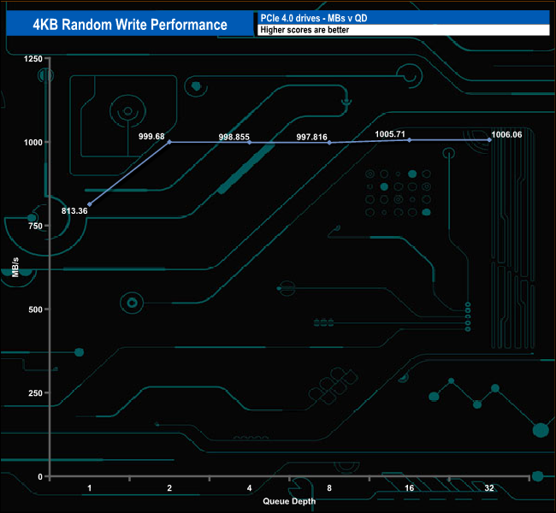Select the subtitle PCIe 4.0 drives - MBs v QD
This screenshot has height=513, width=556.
point(319,17)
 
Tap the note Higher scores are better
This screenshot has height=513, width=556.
point(299,30)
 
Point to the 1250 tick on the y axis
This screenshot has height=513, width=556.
point(33,58)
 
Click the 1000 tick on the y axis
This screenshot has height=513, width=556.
point(33,142)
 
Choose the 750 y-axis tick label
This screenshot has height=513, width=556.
point(36,226)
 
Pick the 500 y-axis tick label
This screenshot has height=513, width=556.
point(36,309)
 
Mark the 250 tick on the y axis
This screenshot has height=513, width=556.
point(36,392)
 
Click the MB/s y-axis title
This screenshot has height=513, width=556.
point(16,267)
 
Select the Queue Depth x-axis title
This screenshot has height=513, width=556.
point(289,501)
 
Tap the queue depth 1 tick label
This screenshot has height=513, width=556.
point(90,487)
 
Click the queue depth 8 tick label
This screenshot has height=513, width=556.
point(329,487)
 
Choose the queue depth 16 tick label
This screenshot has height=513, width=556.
point(409,487)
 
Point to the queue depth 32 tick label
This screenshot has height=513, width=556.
point(488,487)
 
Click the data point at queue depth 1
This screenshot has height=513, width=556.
point(90,203)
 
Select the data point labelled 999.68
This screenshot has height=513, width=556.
point(169,142)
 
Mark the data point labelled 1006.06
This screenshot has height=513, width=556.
point(488,139)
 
